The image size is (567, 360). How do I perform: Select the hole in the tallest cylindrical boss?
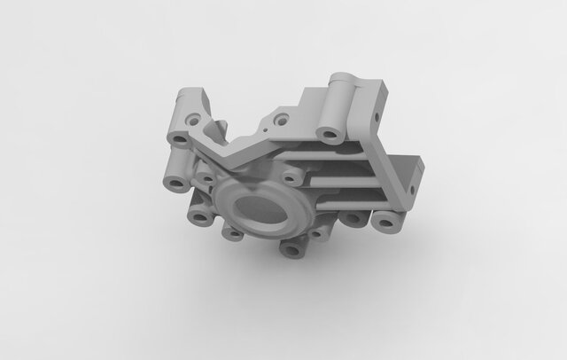[x=330, y=135]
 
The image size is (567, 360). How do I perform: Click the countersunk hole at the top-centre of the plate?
[x=282, y=118]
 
